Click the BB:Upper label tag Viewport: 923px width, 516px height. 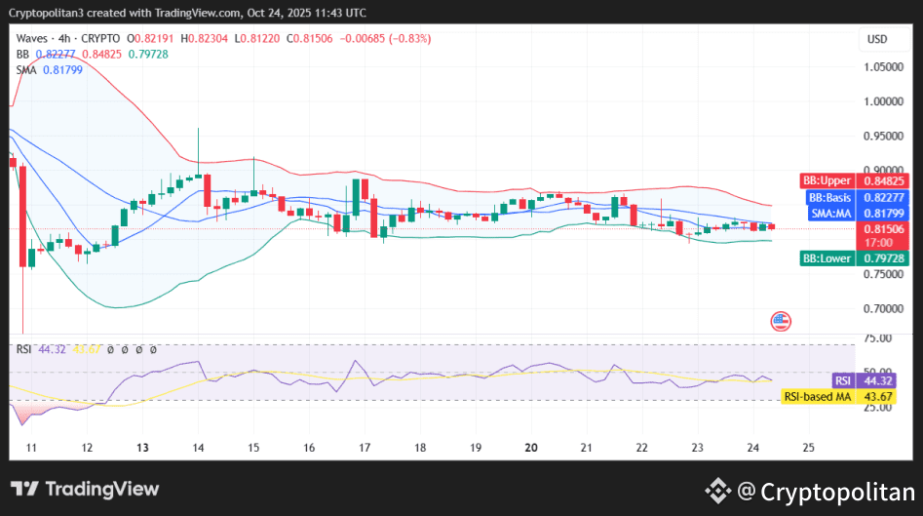tap(827, 180)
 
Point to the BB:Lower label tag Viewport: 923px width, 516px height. tap(827, 258)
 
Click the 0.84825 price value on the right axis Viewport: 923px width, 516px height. tap(884, 180)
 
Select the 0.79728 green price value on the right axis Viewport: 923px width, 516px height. tap(884, 258)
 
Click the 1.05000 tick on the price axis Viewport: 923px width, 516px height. tap(884, 66)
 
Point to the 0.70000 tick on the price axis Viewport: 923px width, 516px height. tap(884, 308)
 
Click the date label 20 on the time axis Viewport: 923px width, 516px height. tap(532, 448)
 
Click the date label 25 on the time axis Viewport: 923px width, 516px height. tap(807, 448)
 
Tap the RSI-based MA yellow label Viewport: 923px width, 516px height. tap(818, 396)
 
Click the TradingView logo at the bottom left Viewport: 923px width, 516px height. tap(85, 489)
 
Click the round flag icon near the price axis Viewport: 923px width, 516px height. tap(781, 321)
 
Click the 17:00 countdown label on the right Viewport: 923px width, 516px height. tap(879, 242)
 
